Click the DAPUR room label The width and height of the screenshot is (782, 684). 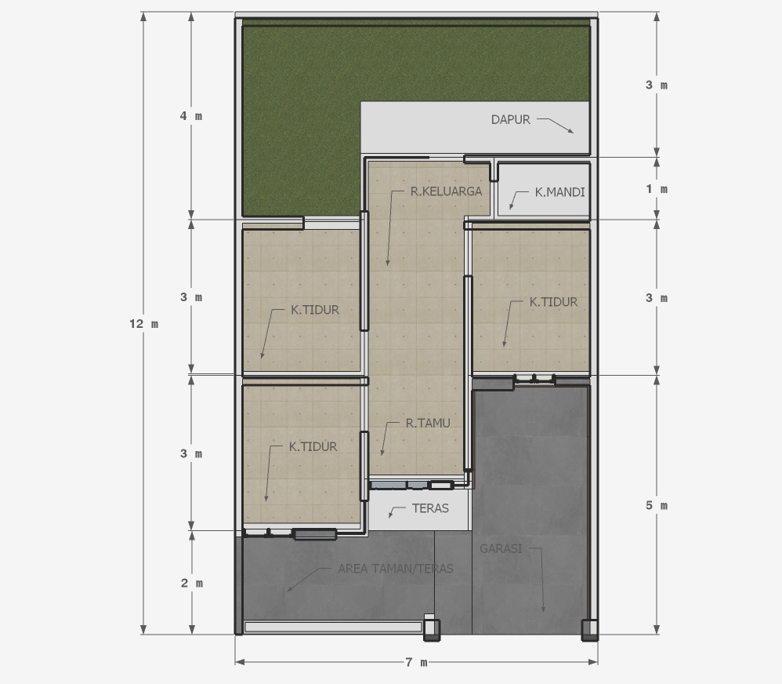tap(510, 120)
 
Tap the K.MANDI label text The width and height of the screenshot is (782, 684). tap(559, 192)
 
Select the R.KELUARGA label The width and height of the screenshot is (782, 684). tap(446, 191)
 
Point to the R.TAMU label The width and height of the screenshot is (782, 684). tap(427, 424)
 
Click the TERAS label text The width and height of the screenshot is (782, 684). tap(430, 508)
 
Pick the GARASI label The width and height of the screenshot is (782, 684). tap(501, 549)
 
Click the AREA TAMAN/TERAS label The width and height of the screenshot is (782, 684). tap(396, 569)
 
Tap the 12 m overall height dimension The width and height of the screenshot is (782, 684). tap(143, 324)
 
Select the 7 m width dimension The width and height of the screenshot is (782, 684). tap(416, 663)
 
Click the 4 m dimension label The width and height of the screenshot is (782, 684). tap(191, 116)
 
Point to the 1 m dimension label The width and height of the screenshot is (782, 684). tap(657, 189)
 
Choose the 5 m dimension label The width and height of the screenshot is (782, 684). tap(657, 506)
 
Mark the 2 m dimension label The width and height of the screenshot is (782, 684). tap(191, 583)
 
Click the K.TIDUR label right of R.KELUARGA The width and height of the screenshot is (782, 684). tap(553, 302)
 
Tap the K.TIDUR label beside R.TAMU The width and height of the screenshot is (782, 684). tap(313, 447)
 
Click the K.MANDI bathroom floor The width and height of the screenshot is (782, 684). tap(544, 190)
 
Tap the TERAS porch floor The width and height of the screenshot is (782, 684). tap(419, 510)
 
